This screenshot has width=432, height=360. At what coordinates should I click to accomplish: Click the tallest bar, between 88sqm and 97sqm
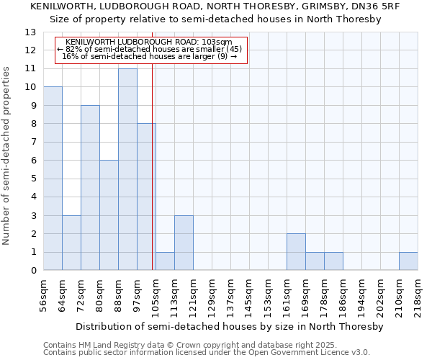click(127, 169)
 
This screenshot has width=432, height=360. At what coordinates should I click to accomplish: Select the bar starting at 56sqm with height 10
click(53, 179)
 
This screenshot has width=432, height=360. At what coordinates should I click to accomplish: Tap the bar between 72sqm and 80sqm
click(90, 187)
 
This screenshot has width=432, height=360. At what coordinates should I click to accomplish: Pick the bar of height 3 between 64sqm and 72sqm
click(71, 243)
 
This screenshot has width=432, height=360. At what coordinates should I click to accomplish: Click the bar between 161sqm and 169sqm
click(296, 252)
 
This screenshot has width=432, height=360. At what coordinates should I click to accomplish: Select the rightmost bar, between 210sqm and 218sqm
click(408, 261)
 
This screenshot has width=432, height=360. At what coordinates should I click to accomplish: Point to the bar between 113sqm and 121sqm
click(184, 243)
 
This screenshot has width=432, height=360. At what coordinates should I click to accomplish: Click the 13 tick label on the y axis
click(30, 32)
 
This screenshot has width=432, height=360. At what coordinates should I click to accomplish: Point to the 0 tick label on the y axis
click(32, 271)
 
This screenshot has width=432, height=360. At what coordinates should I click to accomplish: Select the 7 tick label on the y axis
click(32, 143)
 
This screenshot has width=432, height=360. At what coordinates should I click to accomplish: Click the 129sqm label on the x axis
click(212, 294)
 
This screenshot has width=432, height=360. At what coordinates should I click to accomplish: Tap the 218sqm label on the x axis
click(418, 294)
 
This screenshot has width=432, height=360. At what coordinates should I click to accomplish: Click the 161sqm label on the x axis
click(287, 294)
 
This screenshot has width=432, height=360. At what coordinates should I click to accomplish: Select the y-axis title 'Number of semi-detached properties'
click(7, 155)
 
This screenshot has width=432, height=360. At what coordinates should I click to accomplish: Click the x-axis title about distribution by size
click(230, 326)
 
